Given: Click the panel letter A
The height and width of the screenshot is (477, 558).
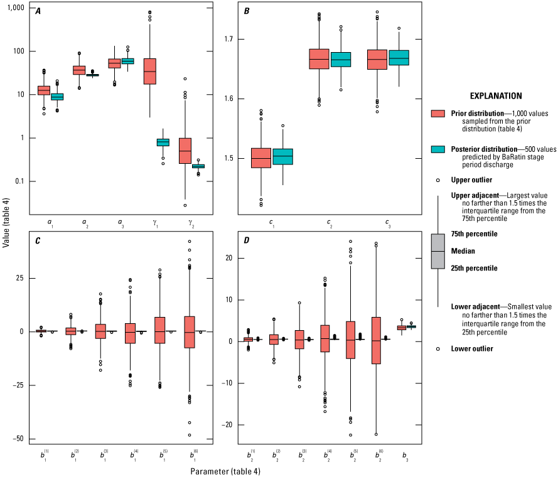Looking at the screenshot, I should [x=38, y=11].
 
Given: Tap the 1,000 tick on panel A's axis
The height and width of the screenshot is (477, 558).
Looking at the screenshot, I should [x=16, y=8].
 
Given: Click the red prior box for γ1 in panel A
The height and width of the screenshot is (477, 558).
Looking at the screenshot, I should [x=149, y=71].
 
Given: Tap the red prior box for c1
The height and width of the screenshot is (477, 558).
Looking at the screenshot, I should [x=261, y=158].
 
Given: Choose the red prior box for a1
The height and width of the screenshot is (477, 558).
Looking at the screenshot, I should [x=44, y=90].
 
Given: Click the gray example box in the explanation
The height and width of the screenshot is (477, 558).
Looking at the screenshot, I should [x=438, y=251].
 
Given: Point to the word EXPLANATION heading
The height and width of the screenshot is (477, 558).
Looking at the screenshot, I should [x=495, y=96].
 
